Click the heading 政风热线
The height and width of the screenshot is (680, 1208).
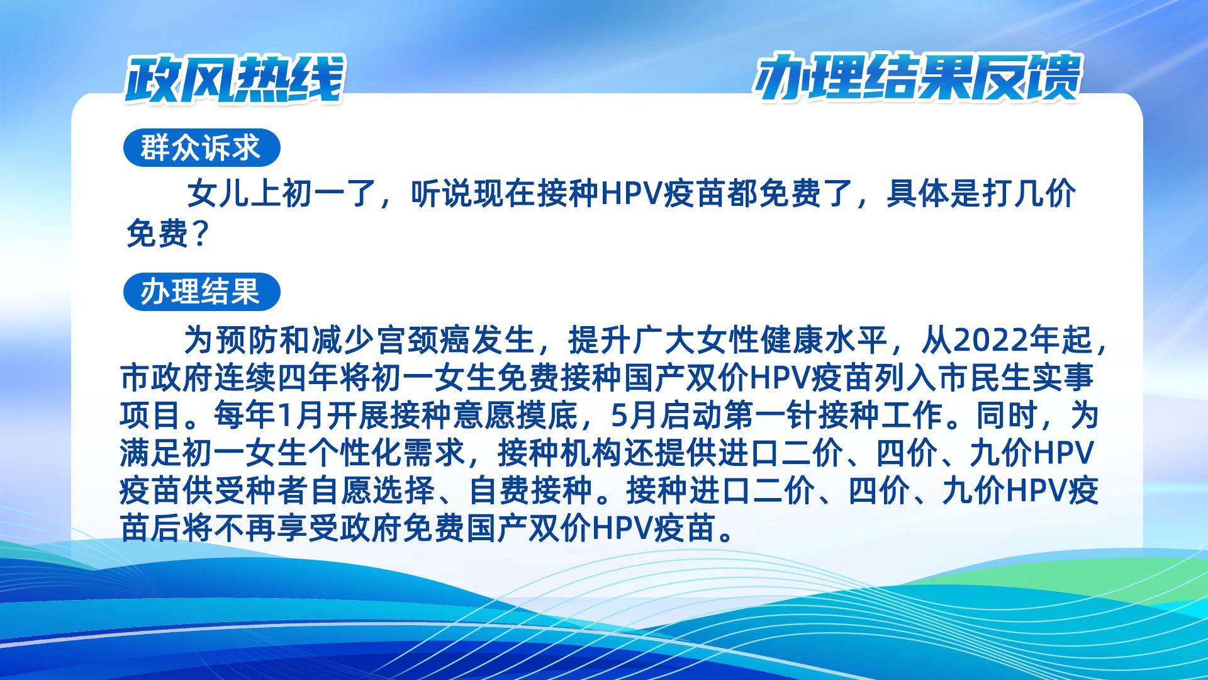pyautogui.click(x=234, y=79)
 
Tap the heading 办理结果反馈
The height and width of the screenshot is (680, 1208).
pyautogui.click(x=917, y=78)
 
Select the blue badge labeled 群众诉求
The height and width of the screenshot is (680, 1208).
pyautogui.click(x=201, y=148)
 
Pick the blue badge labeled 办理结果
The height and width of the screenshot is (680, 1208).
pyautogui.click(x=201, y=292)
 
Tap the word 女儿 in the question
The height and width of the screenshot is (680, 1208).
pyautogui.click(x=218, y=193)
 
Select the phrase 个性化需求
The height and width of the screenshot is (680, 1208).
pyautogui.click(x=386, y=453)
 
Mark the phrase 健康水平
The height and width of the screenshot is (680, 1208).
pyautogui.click(x=824, y=341)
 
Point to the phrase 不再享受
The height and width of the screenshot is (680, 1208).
pyautogui.click(x=276, y=528)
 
